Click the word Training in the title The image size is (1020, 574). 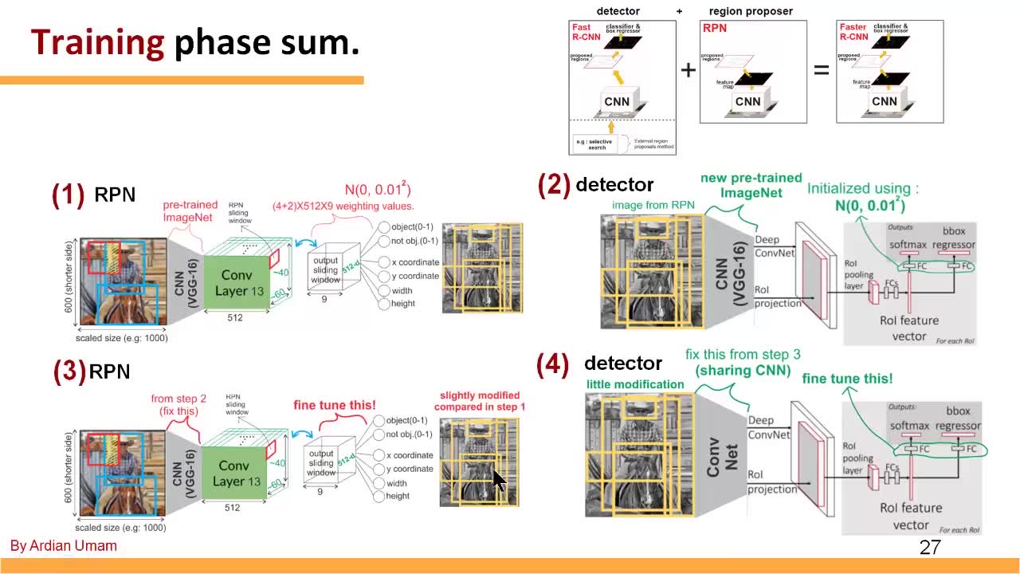click(x=97, y=42)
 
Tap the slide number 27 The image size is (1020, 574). click(x=930, y=547)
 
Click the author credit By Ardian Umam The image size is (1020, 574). click(x=64, y=546)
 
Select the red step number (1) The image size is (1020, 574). click(x=69, y=195)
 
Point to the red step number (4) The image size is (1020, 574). click(x=553, y=364)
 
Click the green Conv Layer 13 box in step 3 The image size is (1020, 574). click(x=235, y=473)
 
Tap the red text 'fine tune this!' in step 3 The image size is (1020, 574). click(x=335, y=405)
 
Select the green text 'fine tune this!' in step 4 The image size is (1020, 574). click(x=847, y=379)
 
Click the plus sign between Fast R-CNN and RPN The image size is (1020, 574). click(x=688, y=70)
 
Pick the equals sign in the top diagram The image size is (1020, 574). click(x=821, y=70)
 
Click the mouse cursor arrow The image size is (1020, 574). click(x=498, y=482)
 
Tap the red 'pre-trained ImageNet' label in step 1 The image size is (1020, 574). click(x=190, y=211)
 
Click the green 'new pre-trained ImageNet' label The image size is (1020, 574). click(x=751, y=185)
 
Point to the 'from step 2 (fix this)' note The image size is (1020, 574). click(x=178, y=405)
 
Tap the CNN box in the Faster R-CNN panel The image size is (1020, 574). click(x=885, y=101)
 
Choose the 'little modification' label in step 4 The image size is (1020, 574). click(x=635, y=384)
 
